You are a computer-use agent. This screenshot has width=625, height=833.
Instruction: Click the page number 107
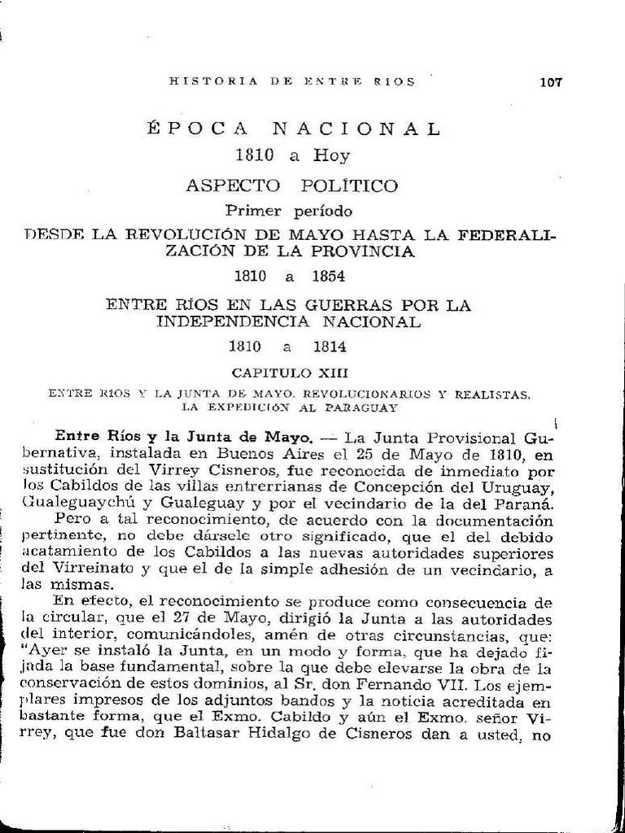coord(550,81)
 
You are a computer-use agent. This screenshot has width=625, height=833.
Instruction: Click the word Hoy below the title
coord(331,155)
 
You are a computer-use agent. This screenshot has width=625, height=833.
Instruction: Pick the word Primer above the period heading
coord(253,212)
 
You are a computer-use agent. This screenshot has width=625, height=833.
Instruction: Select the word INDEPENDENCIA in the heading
coord(230,321)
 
